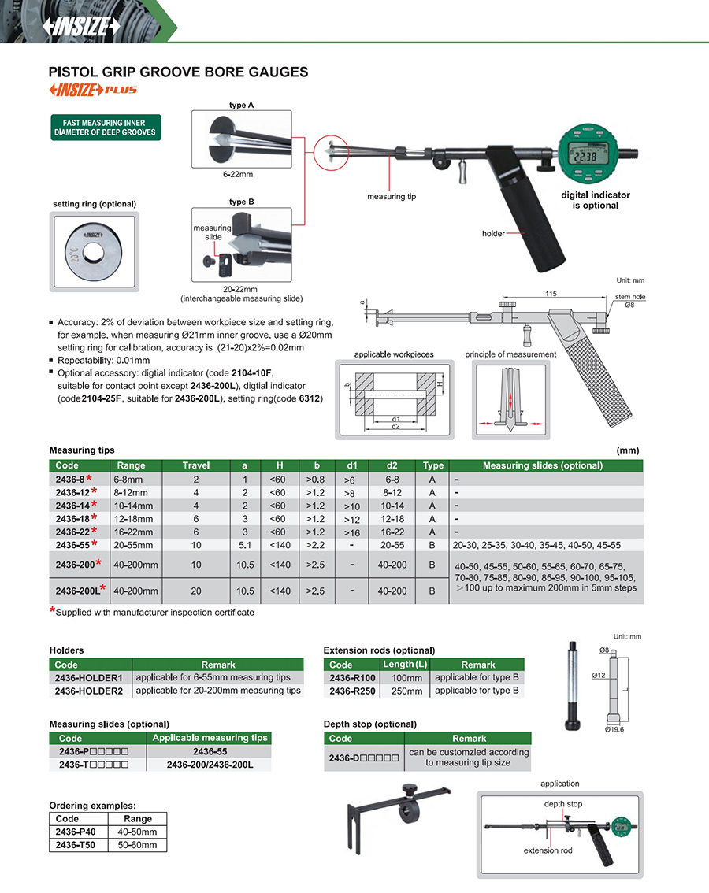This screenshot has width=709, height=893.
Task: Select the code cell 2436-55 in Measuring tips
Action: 76,544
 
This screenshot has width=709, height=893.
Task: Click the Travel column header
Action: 196,465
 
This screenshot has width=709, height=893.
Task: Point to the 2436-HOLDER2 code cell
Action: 89,691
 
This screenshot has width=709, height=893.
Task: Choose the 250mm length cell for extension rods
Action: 407,691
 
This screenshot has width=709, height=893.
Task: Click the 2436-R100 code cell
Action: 353,677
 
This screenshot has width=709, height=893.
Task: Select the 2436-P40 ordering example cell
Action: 76,832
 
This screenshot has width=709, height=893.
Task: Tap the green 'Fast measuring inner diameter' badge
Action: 104,128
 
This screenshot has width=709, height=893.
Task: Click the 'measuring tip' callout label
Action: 391,196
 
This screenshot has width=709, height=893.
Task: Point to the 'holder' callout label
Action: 493,233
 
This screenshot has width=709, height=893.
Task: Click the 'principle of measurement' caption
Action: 510,354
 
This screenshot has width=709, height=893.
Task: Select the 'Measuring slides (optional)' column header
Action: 543,465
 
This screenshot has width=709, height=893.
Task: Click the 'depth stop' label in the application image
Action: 563,804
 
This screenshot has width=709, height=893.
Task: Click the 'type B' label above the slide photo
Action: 241,202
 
